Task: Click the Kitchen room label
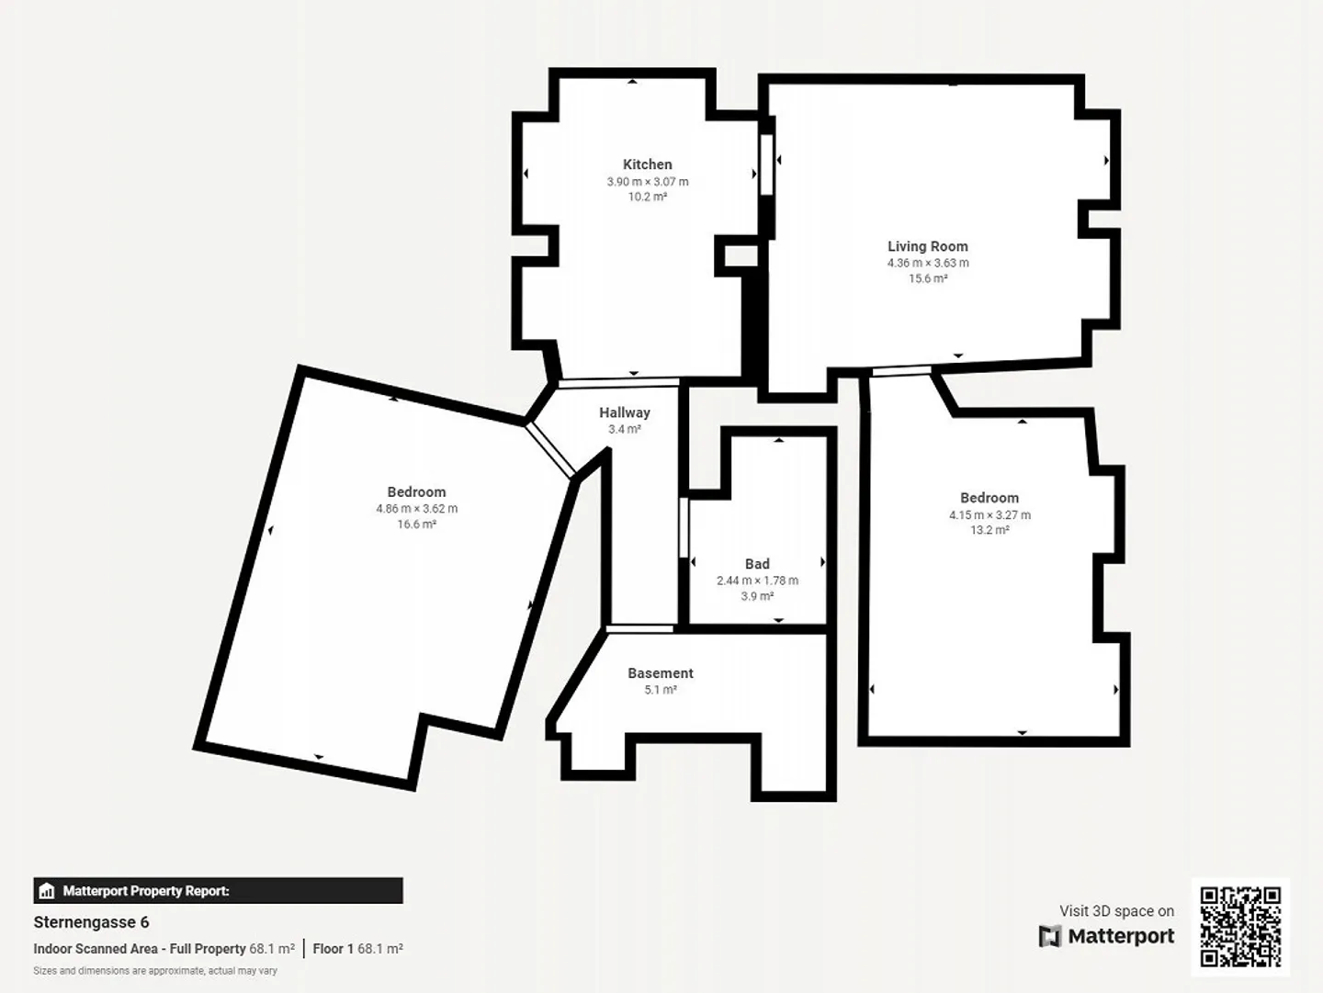(x=647, y=164)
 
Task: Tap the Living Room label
(x=927, y=246)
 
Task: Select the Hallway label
(x=624, y=412)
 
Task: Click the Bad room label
(x=757, y=564)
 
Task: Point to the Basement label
(x=660, y=673)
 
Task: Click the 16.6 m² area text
(x=416, y=525)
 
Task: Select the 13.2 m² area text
(x=989, y=530)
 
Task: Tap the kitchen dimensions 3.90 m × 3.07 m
(x=647, y=182)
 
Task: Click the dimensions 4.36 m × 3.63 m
(x=927, y=263)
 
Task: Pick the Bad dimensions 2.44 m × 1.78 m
(x=757, y=581)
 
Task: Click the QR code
(x=1240, y=926)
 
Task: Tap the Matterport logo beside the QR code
(x=1106, y=936)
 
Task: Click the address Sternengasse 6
(x=91, y=922)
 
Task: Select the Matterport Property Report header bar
(x=218, y=891)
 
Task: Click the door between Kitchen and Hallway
(x=618, y=381)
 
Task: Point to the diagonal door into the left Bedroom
(x=551, y=450)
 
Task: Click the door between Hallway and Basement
(x=639, y=628)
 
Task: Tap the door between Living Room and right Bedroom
(x=900, y=371)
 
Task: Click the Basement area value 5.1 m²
(x=660, y=690)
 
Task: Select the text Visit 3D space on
(x=1116, y=911)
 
